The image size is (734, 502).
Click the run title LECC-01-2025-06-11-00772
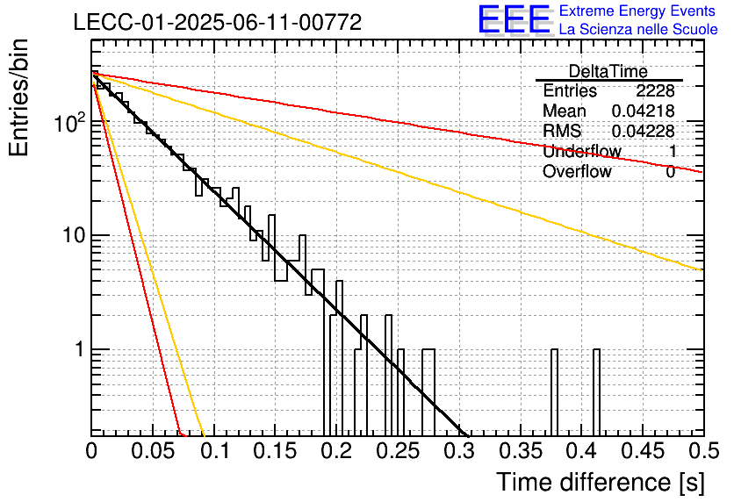pyautogui.click(x=218, y=23)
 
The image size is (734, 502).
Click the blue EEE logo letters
pyautogui.click(x=515, y=19)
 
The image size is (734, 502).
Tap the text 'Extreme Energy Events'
pyautogui.click(x=637, y=11)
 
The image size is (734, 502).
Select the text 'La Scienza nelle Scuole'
pyautogui.click(x=638, y=29)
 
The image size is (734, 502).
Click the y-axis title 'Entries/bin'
pyautogui.click(x=19, y=97)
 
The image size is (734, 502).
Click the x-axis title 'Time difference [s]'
pyautogui.click(x=601, y=483)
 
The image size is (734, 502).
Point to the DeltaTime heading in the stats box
pyautogui.click(x=608, y=71)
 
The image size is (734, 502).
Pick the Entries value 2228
pyautogui.click(x=655, y=90)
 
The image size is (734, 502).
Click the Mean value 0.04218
pyautogui.click(x=644, y=111)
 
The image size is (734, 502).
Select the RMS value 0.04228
pyautogui.click(x=644, y=131)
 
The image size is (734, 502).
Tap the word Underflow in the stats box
pyautogui.click(x=582, y=151)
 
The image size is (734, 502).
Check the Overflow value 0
pyautogui.click(x=670, y=172)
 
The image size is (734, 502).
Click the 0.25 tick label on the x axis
pyautogui.click(x=398, y=451)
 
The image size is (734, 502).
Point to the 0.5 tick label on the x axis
pyautogui.click(x=703, y=451)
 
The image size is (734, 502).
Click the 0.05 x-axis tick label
pyautogui.click(x=153, y=451)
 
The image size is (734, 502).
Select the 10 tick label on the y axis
pyautogui.click(x=74, y=235)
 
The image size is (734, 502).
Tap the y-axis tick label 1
pyautogui.click(x=79, y=349)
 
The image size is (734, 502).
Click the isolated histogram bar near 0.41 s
pyautogui.click(x=596, y=392)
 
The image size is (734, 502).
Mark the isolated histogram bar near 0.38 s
pyautogui.click(x=554, y=392)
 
